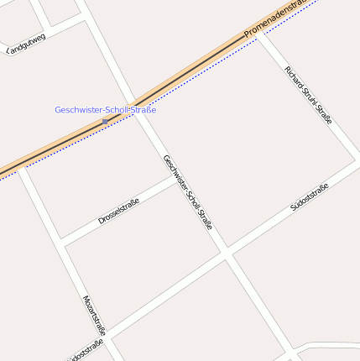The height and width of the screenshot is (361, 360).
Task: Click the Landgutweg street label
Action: (26, 44)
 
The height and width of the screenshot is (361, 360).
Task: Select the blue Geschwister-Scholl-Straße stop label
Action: (105, 110)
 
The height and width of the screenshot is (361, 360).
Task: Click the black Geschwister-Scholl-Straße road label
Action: (188, 193)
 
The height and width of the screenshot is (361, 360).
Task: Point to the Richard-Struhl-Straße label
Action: (308, 95)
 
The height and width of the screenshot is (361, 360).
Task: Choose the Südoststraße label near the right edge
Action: (309, 196)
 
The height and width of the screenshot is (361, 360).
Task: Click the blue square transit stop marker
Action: (104, 122)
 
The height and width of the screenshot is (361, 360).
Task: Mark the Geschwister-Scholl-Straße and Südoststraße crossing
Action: (227, 252)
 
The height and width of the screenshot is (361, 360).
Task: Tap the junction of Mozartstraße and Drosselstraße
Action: (62, 243)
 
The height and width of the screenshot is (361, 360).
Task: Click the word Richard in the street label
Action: (294, 76)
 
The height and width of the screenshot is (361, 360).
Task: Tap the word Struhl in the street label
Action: (308, 96)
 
